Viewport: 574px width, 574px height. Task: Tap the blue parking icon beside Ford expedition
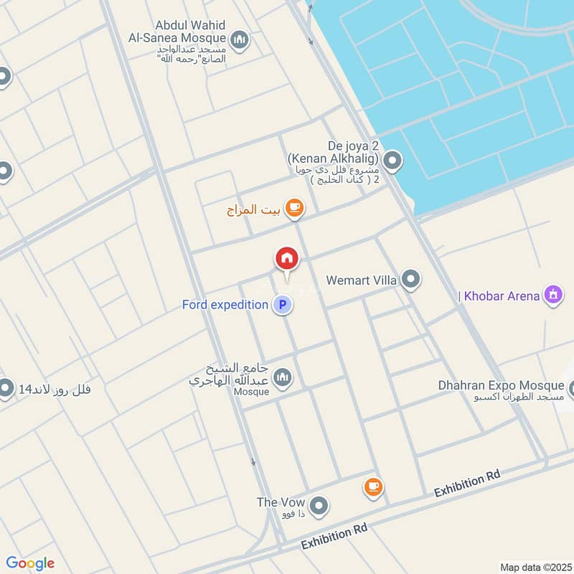pos(283,305)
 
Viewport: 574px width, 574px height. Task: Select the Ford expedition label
pos(225,305)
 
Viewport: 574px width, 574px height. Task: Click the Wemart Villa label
pos(361,280)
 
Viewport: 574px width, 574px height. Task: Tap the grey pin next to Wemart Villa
pos(410,278)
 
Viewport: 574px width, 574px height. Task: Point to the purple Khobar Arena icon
pos(552,295)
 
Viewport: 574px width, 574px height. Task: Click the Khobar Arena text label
pos(501,296)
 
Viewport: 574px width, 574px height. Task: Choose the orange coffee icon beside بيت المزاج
pos(293,208)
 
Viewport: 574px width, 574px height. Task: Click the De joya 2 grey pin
pos(391,162)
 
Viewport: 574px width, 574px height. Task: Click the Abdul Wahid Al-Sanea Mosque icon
pos(240,39)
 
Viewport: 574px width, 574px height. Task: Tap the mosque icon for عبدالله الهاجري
pos(283,377)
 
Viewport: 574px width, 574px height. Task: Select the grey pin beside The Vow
pos(320,506)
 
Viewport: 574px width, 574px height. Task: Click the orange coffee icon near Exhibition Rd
pos(372,487)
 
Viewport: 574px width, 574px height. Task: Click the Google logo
pos(30,563)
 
